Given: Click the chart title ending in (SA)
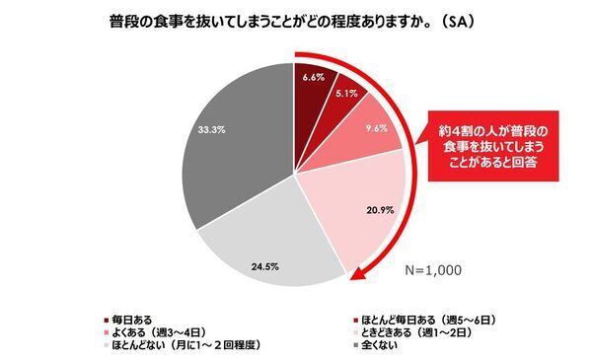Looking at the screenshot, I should coord(295,21).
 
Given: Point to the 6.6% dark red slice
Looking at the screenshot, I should coord(313,84).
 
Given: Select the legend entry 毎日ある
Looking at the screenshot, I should coord(134,320).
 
